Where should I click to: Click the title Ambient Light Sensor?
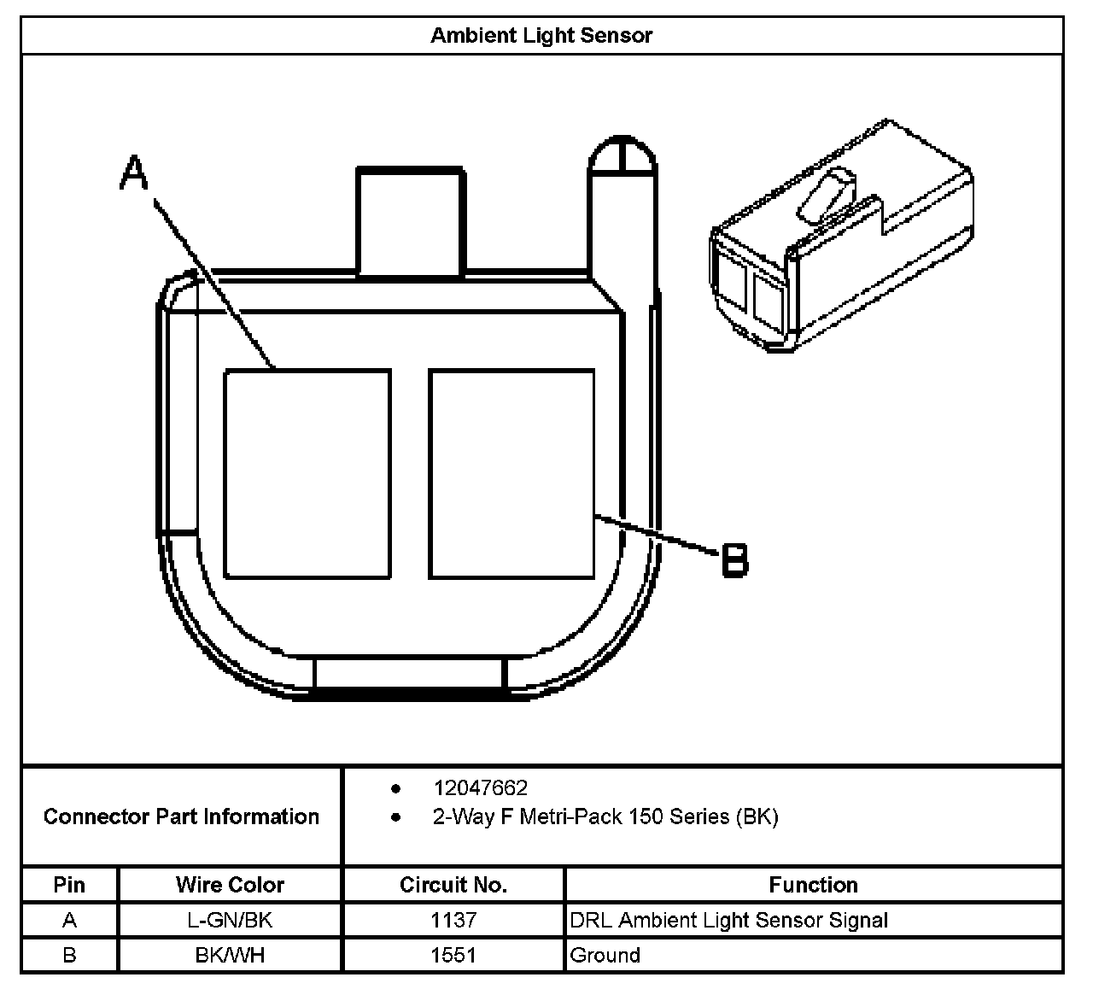click(x=541, y=36)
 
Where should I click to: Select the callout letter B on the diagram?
click(x=734, y=560)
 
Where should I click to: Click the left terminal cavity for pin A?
click(x=307, y=474)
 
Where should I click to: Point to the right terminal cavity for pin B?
click(x=511, y=474)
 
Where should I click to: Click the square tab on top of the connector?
click(x=411, y=222)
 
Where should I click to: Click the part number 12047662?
click(x=480, y=787)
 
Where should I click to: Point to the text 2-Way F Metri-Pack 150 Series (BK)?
click(x=605, y=817)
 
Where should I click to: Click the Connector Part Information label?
click(x=181, y=816)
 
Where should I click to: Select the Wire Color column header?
click(x=230, y=885)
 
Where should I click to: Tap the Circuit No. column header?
click(x=453, y=885)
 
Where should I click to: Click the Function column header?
click(x=813, y=885)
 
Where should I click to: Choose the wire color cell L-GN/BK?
click(x=230, y=921)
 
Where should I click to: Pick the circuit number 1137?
click(x=453, y=921)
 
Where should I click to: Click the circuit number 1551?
click(x=453, y=955)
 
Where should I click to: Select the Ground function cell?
click(x=605, y=955)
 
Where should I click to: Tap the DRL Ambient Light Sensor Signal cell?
click(x=728, y=921)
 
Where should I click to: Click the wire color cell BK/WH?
click(x=230, y=955)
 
